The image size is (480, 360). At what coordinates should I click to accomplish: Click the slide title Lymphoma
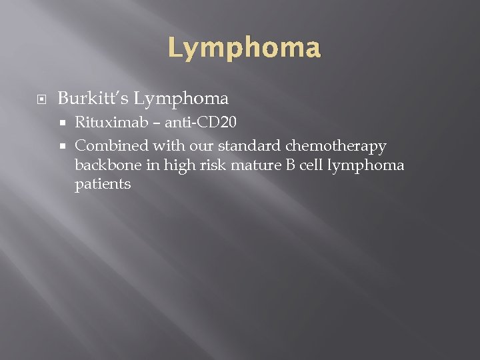[x=244, y=48]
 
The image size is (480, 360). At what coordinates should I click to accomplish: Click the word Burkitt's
[x=93, y=99]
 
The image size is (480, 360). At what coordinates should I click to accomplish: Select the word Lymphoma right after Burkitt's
[x=181, y=99]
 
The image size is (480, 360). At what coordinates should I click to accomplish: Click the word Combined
[x=111, y=145]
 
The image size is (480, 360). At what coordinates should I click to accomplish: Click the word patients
[x=103, y=185]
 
